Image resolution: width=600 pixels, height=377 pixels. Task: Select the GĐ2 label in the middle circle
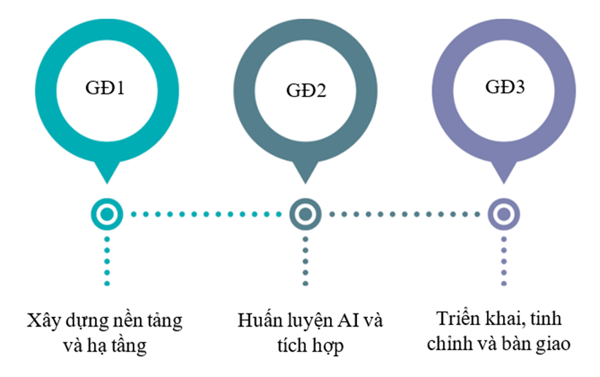305,92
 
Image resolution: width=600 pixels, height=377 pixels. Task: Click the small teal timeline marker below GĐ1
107,214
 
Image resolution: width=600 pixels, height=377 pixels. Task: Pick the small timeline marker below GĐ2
305,214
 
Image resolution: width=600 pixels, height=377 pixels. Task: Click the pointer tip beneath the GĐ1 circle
107,178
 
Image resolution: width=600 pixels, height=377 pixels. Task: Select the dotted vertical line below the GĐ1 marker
107,260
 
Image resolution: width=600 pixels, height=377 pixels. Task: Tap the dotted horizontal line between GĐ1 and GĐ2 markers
206,214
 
